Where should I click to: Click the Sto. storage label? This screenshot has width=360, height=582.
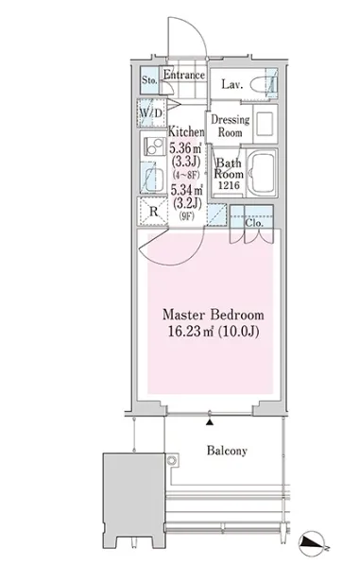(x=149, y=80)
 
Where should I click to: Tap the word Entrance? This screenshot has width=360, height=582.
(x=184, y=75)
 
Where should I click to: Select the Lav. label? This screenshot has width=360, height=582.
(x=232, y=84)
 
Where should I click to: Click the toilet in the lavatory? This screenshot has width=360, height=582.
(x=263, y=85)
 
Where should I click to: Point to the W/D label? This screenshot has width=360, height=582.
(x=151, y=112)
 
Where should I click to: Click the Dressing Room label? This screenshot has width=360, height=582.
(x=231, y=126)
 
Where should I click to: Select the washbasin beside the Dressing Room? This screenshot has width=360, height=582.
(x=265, y=124)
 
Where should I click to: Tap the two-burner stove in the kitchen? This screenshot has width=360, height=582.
(x=154, y=146)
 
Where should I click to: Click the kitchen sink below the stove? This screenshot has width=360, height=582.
(x=154, y=180)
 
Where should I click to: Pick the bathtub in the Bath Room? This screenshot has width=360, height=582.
(x=261, y=173)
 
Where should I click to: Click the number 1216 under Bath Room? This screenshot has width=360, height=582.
(x=229, y=185)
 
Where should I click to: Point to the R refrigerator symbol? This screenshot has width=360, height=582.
(x=153, y=212)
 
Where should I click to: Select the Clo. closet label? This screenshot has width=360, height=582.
(x=254, y=223)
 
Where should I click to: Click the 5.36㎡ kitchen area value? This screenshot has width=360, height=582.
(x=185, y=148)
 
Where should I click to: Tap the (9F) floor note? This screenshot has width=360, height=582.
(x=186, y=216)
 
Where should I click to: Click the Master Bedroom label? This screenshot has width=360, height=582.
(x=214, y=315)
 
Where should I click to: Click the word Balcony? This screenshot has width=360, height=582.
(x=227, y=451)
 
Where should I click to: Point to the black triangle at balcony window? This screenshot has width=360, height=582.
(x=210, y=422)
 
